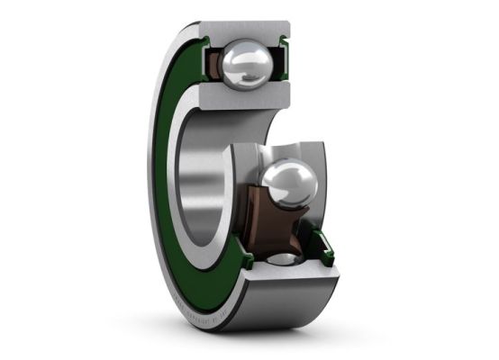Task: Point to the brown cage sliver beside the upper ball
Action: click(x=213, y=65)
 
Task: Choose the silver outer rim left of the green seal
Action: click(x=154, y=180)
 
